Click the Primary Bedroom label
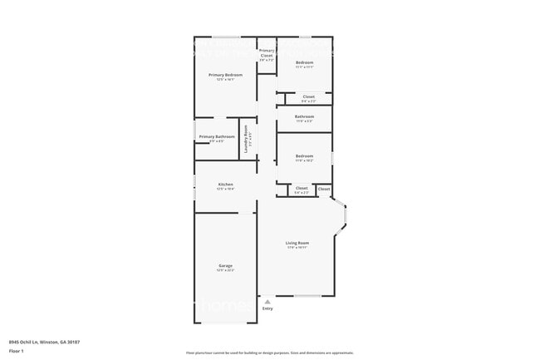tap(225, 75)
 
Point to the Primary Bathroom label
tap(217, 136)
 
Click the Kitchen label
tap(225, 185)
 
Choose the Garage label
tap(225, 265)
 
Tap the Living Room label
tap(297, 243)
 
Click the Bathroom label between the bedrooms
tap(304, 116)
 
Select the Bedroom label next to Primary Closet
tap(305, 62)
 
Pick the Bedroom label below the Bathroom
tap(305, 156)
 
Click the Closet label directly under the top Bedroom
tap(308, 96)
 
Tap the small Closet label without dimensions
tap(324, 189)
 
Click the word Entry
tap(268, 308)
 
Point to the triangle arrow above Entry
tap(267, 302)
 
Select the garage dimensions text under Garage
tap(225, 270)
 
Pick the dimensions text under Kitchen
tap(225, 190)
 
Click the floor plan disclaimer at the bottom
tap(269, 353)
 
